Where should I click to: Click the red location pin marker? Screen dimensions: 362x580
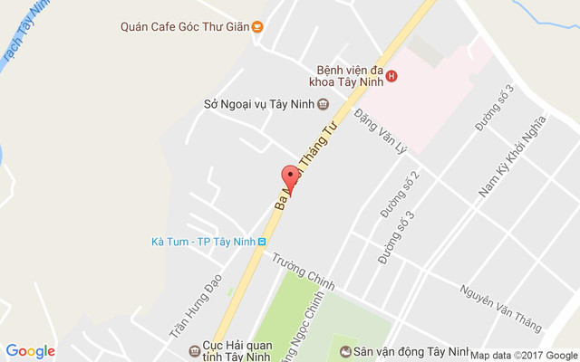(290, 177)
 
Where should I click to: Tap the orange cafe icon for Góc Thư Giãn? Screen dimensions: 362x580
(257, 26)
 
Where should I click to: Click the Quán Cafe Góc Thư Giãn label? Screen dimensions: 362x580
(185, 26)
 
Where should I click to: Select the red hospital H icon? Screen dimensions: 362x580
(391, 76)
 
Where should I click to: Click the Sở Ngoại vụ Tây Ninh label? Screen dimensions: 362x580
(258, 104)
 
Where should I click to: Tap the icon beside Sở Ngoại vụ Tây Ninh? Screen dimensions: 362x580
(323, 104)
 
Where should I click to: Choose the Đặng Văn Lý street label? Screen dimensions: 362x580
(384, 136)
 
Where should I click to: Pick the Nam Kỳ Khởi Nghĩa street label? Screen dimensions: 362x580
(512, 156)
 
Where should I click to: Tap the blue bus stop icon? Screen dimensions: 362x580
(262, 242)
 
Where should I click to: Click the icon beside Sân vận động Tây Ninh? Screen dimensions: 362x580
(344, 351)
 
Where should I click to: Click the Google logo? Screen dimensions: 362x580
(30, 351)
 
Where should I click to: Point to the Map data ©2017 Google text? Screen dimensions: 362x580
(523, 356)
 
